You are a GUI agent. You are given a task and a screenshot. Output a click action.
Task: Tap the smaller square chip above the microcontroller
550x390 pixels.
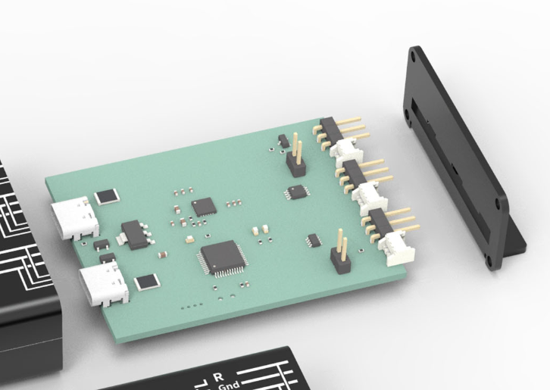tap(202, 206)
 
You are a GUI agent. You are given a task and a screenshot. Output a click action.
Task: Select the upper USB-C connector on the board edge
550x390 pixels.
tap(74, 217)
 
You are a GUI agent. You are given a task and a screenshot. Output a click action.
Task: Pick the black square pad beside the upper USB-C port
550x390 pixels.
tap(107, 196)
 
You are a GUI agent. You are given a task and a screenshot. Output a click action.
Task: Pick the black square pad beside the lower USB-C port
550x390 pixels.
tap(147, 282)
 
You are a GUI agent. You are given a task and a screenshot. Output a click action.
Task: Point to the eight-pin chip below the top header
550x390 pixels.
tap(296, 191)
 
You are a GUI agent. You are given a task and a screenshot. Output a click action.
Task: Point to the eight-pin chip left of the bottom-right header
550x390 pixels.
tap(312, 241)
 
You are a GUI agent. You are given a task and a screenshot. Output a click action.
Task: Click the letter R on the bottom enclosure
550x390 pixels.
tap(219, 376)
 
